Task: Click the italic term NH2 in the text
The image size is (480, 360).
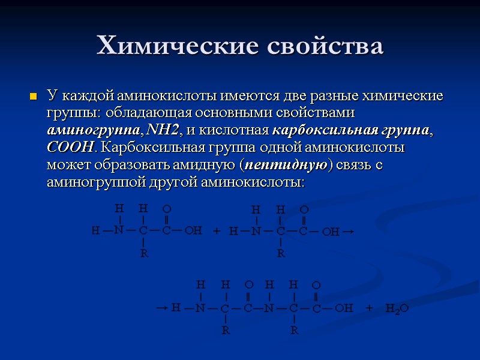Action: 163,130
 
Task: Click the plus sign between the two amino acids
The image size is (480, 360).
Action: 217,231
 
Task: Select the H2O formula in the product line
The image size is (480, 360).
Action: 397,308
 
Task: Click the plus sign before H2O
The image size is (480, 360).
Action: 369,308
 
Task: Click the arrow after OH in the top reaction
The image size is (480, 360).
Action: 350,231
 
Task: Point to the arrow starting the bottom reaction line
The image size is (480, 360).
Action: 161,308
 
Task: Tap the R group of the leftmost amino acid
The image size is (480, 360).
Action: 143,253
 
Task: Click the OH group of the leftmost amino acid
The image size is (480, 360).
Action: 193,230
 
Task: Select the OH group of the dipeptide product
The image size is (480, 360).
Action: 344,308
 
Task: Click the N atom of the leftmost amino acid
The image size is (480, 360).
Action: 119,230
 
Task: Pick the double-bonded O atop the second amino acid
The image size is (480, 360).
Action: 304,210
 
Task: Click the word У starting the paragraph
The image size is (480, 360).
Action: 52,96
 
